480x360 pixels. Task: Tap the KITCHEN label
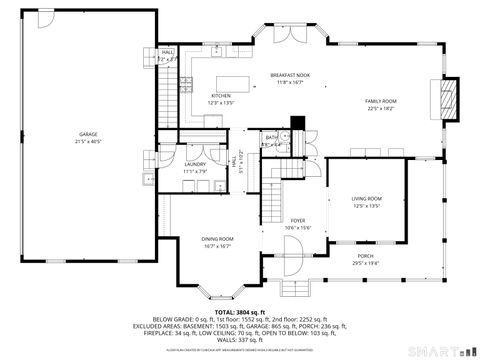click(220, 95)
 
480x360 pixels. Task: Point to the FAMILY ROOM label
click(381, 101)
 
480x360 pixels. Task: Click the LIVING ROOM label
click(366, 199)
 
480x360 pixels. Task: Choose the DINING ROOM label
click(217, 238)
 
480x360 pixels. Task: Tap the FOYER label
click(297, 220)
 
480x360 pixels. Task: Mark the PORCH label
click(365, 255)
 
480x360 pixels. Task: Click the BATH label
click(271, 137)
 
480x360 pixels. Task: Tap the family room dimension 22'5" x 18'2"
click(381, 109)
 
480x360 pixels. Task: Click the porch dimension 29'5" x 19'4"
click(365, 262)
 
